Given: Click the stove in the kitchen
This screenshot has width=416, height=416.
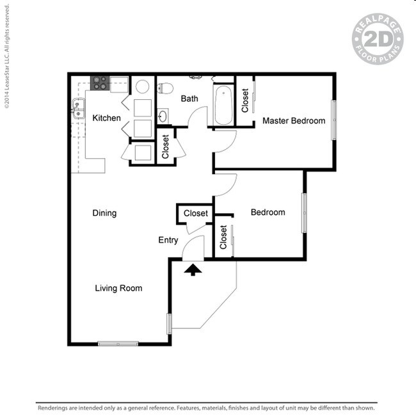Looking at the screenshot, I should tap(100, 83).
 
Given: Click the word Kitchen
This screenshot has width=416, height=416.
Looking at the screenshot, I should tap(106, 118).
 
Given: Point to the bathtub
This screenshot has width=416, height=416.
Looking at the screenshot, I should tap(223, 106).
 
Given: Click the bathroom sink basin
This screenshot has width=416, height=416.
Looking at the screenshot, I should tap(163, 116).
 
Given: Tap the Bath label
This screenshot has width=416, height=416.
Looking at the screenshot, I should tap(189, 99).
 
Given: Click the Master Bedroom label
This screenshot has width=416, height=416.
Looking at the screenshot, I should tap(294, 120).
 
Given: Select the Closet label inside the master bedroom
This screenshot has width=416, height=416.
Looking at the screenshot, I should tap(245, 100).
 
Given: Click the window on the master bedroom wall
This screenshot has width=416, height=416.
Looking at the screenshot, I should tap(333, 120).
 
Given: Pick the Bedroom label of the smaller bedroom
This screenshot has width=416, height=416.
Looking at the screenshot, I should tap(268, 212).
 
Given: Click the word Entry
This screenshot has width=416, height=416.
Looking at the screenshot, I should tap(168, 241).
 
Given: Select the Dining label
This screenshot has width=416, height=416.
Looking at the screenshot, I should tap(104, 213).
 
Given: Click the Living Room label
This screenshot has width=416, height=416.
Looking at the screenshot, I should tap(118, 288).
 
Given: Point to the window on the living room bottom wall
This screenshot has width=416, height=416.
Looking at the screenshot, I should tap(118, 344).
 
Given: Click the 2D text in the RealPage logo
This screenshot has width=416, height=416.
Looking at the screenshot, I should tap(377, 38).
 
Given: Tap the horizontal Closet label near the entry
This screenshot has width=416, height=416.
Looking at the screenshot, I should tap(196, 213).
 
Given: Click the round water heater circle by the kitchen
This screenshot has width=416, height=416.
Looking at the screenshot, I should tap(143, 86).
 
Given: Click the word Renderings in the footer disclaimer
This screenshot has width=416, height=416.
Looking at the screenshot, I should tap(55, 408).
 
